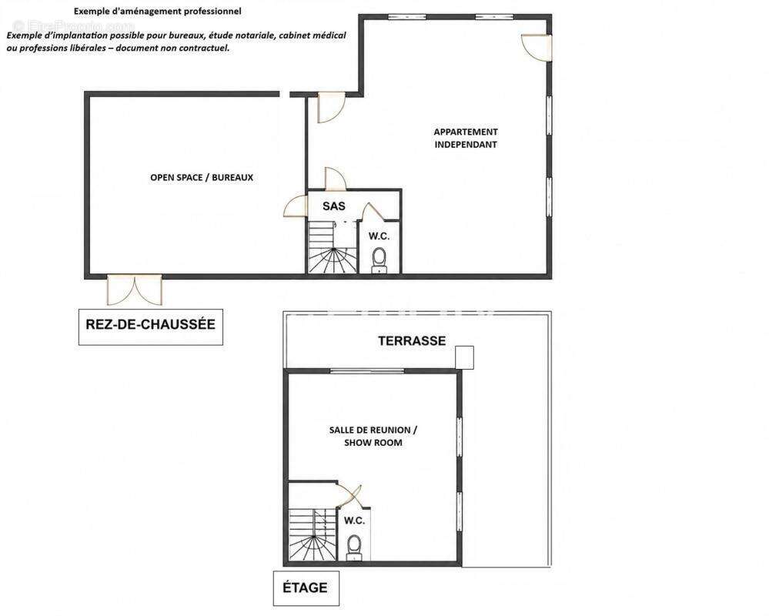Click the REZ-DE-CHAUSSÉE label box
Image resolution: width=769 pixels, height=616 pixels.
tap(151, 326)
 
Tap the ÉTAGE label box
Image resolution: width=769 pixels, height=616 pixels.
tap(306, 588)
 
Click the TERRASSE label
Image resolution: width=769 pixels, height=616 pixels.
tap(412, 341)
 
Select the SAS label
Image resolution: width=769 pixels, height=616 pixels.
tap(334, 206)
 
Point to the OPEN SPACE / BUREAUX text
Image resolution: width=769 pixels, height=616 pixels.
tap(202, 178)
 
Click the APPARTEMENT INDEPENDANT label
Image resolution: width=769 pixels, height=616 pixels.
tap(466, 139)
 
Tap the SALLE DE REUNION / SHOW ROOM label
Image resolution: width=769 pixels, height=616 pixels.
tap(373, 436)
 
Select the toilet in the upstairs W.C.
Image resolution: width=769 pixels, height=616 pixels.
tap(353, 547)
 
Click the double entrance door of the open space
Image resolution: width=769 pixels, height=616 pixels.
tap(135, 290)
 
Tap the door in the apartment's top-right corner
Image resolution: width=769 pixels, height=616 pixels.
tap(537, 48)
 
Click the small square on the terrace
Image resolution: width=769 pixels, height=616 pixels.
tap(464, 357)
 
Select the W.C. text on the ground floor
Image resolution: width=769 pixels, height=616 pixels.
tap(379, 236)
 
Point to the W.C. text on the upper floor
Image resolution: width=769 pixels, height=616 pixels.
tap(354, 521)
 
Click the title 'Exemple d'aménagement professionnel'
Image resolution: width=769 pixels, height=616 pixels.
tap(158, 11)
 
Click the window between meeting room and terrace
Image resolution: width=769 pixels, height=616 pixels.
tap(367, 371)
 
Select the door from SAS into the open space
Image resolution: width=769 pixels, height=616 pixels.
tap(295, 206)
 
